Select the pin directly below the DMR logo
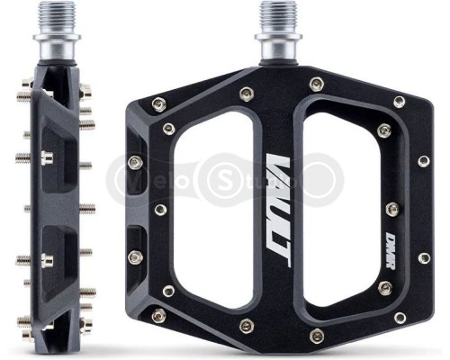pyautogui.click(x=384, y=286)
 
